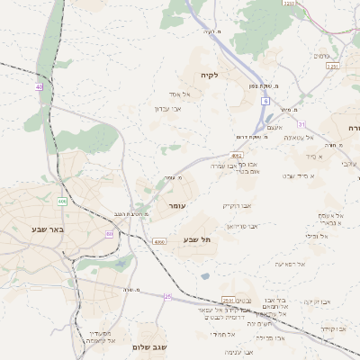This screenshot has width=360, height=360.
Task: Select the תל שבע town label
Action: click(x=196, y=239)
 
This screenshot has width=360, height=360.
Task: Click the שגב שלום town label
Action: click(x=150, y=346)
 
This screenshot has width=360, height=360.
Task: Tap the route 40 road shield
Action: click(x=40, y=86)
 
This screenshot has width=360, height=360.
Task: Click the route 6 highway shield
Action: click(x=266, y=102)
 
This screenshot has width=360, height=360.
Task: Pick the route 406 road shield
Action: click(x=62, y=201)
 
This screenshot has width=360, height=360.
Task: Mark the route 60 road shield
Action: click(x=110, y=234)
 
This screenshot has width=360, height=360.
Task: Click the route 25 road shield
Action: click(x=167, y=296)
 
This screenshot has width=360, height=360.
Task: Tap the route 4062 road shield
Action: click(x=237, y=156)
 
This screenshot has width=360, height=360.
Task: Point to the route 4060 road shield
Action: click(x=159, y=242)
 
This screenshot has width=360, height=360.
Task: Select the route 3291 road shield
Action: click(x=333, y=66)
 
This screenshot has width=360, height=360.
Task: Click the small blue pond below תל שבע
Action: click(x=205, y=275)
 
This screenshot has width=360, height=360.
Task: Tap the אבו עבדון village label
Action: click(x=168, y=109)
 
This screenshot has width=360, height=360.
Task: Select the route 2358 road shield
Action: click(x=289, y=4)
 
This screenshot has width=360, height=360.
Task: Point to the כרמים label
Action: click(x=320, y=56)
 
